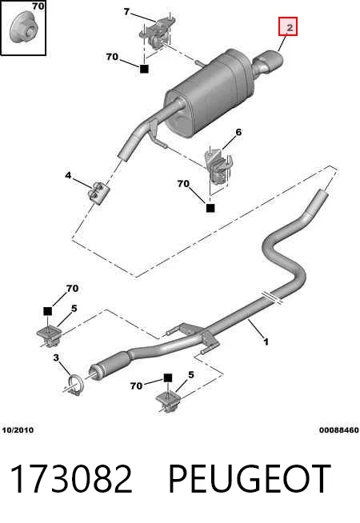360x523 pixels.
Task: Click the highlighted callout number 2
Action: (x=290, y=27)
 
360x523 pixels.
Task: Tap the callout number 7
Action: (x=126, y=12)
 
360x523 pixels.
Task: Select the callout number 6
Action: (x=238, y=133)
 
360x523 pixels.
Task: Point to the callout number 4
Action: (x=68, y=175)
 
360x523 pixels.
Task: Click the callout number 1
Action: (x=266, y=342)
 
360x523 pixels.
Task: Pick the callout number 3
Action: (x=56, y=358)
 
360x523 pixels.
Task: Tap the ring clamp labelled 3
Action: (x=77, y=385)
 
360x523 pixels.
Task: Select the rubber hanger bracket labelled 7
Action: (x=157, y=32)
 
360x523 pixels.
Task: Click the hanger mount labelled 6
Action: (x=218, y=168)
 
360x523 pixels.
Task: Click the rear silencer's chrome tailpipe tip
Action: (x=269, y=61)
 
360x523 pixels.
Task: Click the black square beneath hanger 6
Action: (x=210, y=208)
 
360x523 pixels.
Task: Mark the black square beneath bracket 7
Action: (x=144, y=69)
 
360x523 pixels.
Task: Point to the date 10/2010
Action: (x=18, y=430)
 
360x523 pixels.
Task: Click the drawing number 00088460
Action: (x=339, y=430)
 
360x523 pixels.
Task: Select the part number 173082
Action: (x=71, y=479)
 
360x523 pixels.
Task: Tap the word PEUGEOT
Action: (x=250, y=479)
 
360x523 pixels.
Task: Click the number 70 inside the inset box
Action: (x=38, y=6)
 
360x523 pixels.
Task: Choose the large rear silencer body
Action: (x=210, y=94)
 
